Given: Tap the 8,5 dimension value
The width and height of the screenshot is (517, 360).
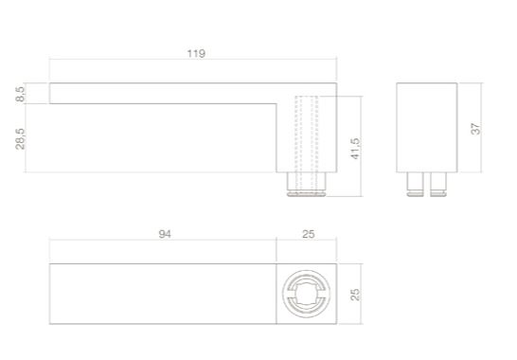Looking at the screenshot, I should point(22,93).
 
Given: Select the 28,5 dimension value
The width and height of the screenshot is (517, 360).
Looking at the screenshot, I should point(22,138).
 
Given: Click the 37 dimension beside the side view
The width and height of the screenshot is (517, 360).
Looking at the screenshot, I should point(476,127).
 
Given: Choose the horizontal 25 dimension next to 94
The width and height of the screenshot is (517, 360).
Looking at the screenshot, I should point(306,233).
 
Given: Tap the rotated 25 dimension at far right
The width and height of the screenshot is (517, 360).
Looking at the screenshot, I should point(356,296).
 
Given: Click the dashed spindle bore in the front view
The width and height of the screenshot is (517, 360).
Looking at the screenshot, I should point(306,142).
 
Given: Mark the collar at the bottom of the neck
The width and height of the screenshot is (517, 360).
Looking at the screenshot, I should point(306,190).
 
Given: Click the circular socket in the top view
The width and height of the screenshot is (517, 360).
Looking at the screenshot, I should point(306,296).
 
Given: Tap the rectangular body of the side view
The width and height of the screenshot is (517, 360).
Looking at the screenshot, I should point(426,127).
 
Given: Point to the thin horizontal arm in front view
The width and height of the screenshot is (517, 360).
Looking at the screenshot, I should point(161,93).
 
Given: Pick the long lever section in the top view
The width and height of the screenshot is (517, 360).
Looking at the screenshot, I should point(161,296).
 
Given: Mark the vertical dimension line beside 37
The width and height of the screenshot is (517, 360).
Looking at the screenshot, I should point(484,127).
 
